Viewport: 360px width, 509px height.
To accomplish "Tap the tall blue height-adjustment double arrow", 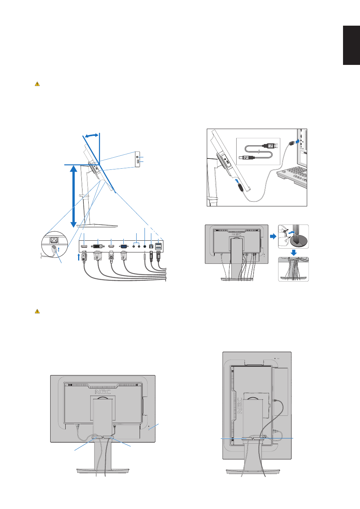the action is [74, 196].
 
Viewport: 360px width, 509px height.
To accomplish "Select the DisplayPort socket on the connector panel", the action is [84, 246].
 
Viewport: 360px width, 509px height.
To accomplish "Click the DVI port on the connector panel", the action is [98, 246].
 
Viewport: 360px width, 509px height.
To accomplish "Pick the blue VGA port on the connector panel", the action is [124, 246].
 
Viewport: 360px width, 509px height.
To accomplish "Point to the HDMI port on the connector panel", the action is [111, 246].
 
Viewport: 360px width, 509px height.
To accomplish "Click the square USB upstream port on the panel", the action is [151, 246].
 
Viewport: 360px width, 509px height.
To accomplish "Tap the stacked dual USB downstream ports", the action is [158, 246].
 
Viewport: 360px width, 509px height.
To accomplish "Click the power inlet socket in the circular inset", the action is [54, 240].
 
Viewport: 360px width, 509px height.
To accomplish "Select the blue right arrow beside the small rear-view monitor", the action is [273, 236].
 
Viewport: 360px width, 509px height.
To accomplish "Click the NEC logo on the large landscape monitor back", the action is [103, 392].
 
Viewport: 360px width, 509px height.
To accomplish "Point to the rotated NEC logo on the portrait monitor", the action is [240, 405].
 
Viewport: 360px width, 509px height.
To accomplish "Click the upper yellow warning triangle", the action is [37, 84].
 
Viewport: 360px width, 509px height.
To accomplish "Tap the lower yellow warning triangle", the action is [37, 311].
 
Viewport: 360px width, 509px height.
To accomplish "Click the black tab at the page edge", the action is [351, 45].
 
